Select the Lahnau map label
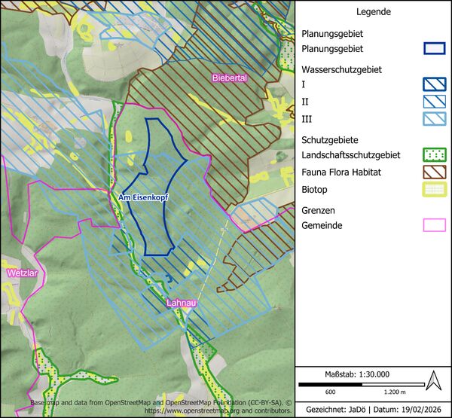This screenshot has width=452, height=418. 182,304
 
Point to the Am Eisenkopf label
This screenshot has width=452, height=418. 143,197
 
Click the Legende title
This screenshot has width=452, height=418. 373,13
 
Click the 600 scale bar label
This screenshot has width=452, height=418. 330,392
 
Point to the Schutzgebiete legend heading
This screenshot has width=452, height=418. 330,139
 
